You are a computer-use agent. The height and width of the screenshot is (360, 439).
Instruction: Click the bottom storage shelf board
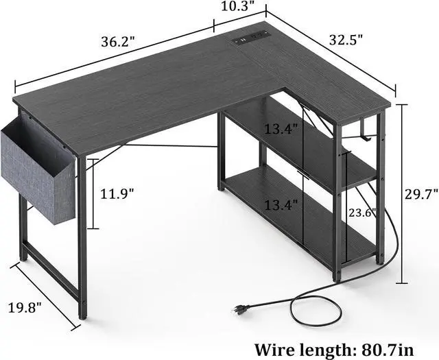pyautogui.click(x=302, y=213)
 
